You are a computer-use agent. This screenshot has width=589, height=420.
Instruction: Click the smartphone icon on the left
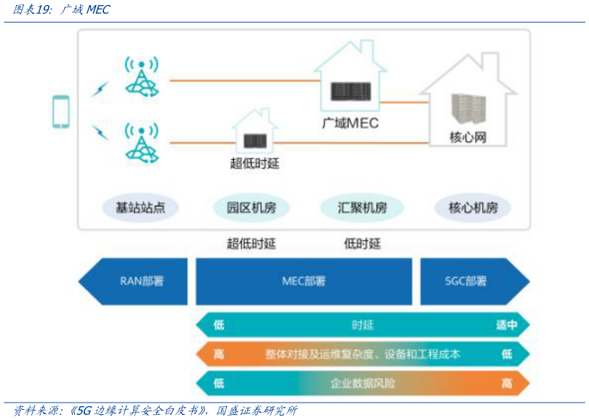pos(61,112)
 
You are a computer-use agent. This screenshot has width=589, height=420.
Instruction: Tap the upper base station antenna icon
pos(141,76)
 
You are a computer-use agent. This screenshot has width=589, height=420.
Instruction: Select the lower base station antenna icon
pos(141,141)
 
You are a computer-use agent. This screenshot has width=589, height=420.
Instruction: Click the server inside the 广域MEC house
pos(350,92)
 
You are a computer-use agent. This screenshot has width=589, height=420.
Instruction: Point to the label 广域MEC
pos(350,123)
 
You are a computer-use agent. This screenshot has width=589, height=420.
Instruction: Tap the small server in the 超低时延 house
pos(255,140)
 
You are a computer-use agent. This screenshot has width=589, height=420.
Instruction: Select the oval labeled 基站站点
pos(140,208)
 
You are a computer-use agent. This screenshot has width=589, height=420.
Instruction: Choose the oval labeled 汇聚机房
pos(362,208)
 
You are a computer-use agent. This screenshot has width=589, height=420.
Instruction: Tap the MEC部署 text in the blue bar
pos(304,281)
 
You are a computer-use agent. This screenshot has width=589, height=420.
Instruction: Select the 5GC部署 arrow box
pos(466,281)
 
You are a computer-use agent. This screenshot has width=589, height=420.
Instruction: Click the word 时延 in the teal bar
pos(362,325)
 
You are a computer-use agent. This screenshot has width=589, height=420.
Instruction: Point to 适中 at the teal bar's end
pos(506,325)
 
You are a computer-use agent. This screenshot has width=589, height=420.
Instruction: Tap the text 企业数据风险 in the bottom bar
pos(362,383)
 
